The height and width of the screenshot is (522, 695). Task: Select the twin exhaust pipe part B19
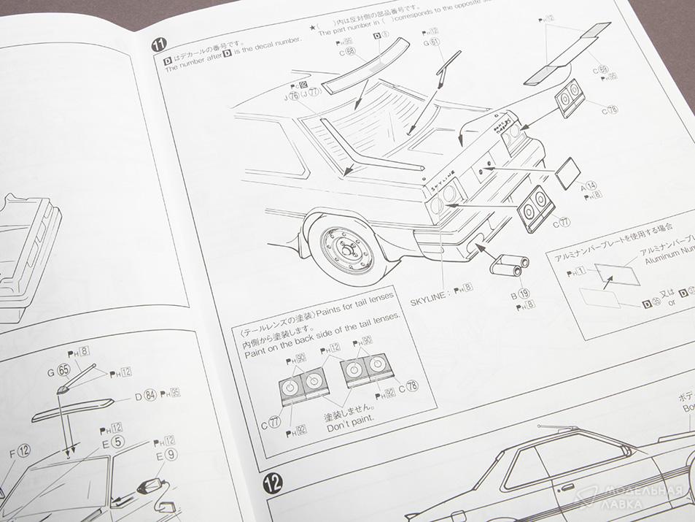[x=507, y=265]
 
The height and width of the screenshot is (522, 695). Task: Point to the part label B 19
[x=520, y=294]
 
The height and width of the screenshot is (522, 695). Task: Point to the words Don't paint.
[x=349, y=427]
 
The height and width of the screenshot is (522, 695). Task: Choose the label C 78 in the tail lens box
[x=408, y=388]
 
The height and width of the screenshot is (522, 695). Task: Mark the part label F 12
[x=19, y=451]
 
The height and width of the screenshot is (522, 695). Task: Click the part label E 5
[x=112, y=442]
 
